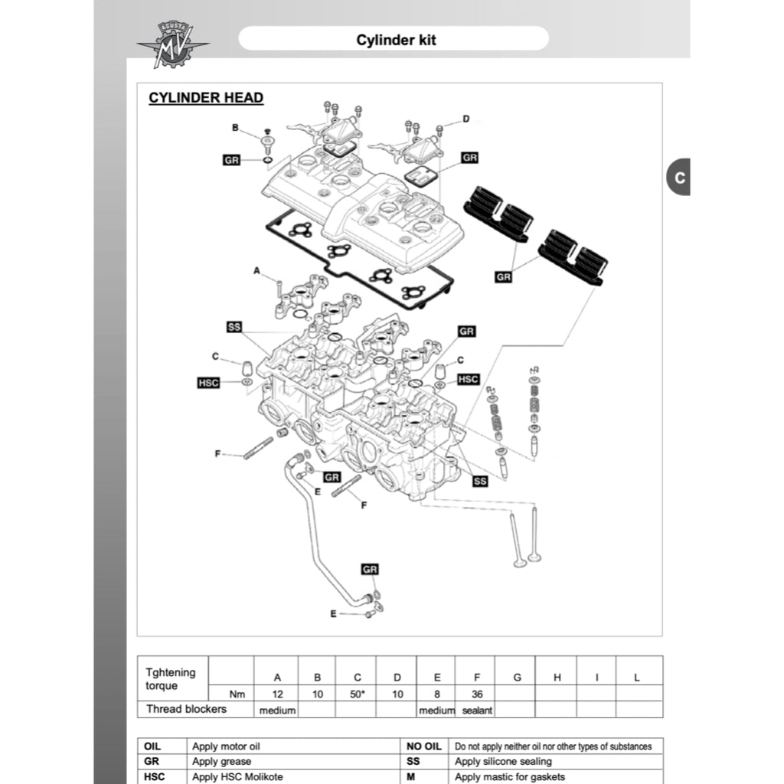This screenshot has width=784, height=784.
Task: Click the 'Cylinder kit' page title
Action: [396, 39]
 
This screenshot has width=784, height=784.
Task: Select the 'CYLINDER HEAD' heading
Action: [206, 98]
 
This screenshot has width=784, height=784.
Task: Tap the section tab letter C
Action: [679, 178]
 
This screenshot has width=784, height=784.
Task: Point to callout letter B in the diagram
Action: [236, 127]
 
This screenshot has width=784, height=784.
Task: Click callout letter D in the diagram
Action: [465, 119]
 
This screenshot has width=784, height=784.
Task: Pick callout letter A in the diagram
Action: [256, 270]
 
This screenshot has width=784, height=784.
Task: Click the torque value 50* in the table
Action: [358, 694]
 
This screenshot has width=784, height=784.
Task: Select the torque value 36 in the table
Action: [477, 694]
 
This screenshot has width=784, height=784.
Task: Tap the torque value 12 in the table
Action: [278, 694]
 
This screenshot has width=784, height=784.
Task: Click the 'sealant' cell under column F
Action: [477, 710]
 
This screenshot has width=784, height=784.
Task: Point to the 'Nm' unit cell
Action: [238, 694]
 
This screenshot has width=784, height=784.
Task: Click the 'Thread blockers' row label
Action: [186, 709]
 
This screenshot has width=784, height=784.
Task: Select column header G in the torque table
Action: [518, 678]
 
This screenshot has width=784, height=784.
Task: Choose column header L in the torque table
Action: [637, 678]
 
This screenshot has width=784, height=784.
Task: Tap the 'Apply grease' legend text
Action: [222, 762]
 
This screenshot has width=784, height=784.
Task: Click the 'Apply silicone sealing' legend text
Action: [503, 762]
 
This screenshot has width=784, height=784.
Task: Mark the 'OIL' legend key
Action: [152, 746]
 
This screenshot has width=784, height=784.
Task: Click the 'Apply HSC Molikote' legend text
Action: [237, 777]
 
